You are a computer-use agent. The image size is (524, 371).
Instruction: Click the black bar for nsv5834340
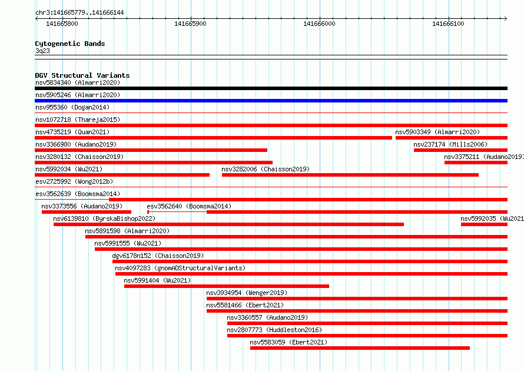click(x=271, y=88)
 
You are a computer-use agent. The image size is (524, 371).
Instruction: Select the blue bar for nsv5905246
click(x=271, y=101)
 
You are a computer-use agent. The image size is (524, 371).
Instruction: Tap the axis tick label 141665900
click(x=191, y=24)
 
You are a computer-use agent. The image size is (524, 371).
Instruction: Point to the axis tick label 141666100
click(x=448, y=24)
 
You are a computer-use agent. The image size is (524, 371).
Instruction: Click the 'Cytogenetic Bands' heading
click(x=70, y=44)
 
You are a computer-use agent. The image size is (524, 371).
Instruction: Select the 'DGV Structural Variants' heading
click(x=82, y=75)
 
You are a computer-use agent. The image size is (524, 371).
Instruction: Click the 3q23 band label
click(x=42, y=51)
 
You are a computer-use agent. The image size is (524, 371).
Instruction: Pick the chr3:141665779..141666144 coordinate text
click(x=79, y=13)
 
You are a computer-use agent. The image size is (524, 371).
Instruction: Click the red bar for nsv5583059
click(x=360, y=348)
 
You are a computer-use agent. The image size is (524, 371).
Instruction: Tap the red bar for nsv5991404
click(x=227, y=286)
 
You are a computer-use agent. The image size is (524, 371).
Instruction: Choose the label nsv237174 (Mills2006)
click(x=450, y=144)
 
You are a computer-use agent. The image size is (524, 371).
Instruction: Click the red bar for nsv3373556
click(x=87, y=212)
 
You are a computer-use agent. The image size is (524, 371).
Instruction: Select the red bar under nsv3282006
click(x=350, y=175)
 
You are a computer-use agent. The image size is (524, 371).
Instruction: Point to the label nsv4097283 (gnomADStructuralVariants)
click(x=180, y=268)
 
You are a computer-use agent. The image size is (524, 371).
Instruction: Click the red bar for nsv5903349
click(x=452, y=138)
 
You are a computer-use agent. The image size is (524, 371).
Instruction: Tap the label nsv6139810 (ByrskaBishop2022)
click(x=104, y=218)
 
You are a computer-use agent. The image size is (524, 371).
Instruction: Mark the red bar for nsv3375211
click(x=476, y=163)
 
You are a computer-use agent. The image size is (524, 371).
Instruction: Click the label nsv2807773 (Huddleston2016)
click(x=274, y=330)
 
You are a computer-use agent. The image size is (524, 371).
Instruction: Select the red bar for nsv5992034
click(x=122, y=175)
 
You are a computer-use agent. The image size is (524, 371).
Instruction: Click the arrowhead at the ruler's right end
click(x=506, y=19)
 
